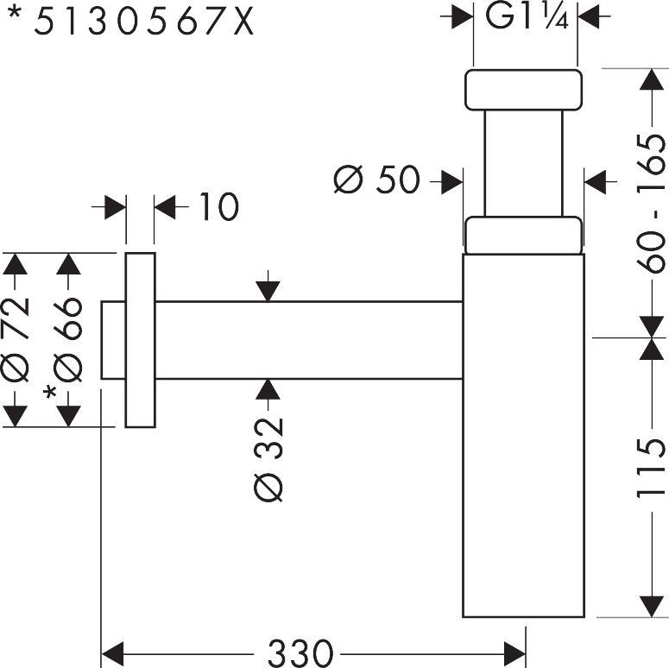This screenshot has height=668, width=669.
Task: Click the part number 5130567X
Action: coord(145,21)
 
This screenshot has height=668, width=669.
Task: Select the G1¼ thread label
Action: coord(525,17)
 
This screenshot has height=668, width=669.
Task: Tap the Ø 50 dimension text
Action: coord(376,181)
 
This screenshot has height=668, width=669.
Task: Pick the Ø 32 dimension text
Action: coord(268,457)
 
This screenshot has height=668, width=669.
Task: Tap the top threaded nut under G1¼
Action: coord(523,90)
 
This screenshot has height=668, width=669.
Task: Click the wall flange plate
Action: coord(140,340)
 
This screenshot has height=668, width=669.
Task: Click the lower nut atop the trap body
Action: coord(523,235)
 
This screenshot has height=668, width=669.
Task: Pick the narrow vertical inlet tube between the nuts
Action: coord(523,162)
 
